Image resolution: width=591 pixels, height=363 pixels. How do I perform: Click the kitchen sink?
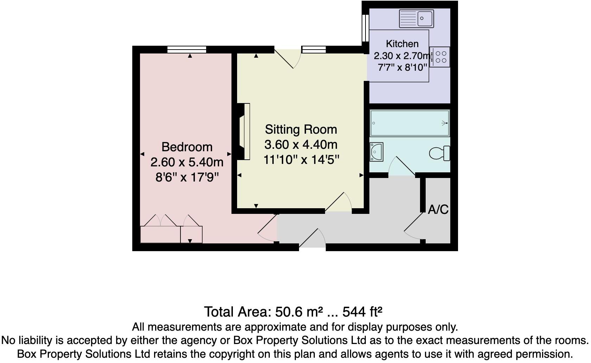click(416, 19)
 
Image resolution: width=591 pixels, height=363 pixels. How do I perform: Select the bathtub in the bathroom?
click(409, 123)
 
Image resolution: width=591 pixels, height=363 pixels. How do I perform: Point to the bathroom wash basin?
click(376, 152)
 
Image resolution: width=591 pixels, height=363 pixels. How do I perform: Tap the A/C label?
click(438, 210)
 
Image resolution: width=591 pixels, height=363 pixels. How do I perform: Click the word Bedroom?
click(187, 147)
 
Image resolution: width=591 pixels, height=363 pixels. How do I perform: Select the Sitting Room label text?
click(301, 129)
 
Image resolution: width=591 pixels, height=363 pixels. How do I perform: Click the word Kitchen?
click(402, 44)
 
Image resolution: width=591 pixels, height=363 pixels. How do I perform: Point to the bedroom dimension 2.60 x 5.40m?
click(187, 162)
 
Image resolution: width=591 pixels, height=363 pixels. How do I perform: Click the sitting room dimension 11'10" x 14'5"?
click(301, 160)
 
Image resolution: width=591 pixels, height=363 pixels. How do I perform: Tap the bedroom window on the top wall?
click(186, 50)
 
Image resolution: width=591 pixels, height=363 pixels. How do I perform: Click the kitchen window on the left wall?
click(366, 28)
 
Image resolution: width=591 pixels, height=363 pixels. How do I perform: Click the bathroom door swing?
click(402, 167)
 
